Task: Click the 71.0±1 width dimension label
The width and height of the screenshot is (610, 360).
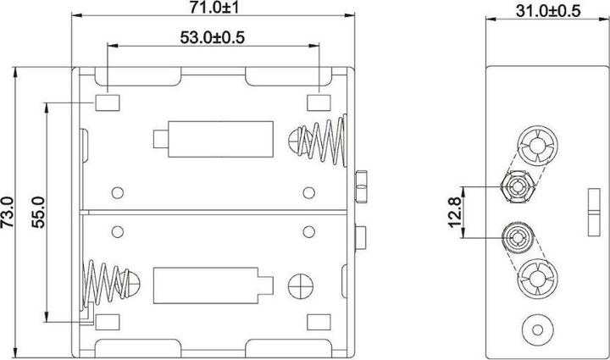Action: click(x=213, y=8)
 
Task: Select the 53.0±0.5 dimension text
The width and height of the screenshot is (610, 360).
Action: click(x=213, y=37)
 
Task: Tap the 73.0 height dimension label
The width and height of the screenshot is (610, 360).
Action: click(x=7, y=213)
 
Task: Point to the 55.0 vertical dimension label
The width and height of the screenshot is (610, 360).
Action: click(x=38, y=213)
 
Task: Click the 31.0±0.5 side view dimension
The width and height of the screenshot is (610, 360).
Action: click(x=548, y=11)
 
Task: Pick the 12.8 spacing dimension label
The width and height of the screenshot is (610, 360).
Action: click(x=454, y=213)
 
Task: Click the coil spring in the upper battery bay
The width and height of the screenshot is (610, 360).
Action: click(x=318, y=140)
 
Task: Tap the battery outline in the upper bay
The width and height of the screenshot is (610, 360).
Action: click(x=213, y=139)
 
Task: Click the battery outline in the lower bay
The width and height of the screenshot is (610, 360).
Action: click(x=213, y=285)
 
